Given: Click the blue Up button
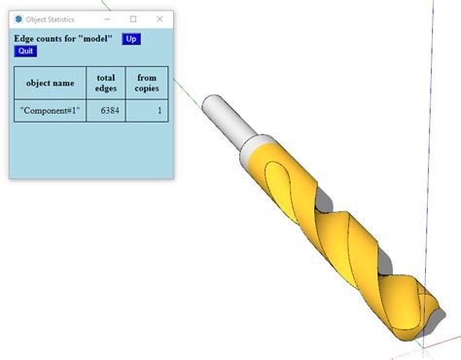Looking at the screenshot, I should point(131,39).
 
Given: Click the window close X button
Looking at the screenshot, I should point(160,18).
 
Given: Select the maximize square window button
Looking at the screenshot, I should point(133,18).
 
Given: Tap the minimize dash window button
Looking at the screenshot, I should point(107,18).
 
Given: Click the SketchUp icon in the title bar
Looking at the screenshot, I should point(18,18).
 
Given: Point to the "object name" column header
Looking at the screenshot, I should point(51,83).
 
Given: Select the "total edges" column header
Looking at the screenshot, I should point(106,83).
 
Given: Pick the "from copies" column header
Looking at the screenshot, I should point(147,83).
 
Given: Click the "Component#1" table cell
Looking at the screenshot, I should point(51,111).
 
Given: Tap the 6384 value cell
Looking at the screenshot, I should point(106,111).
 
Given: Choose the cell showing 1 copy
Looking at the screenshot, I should point(147,111).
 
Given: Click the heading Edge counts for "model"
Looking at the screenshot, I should point(63,39).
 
